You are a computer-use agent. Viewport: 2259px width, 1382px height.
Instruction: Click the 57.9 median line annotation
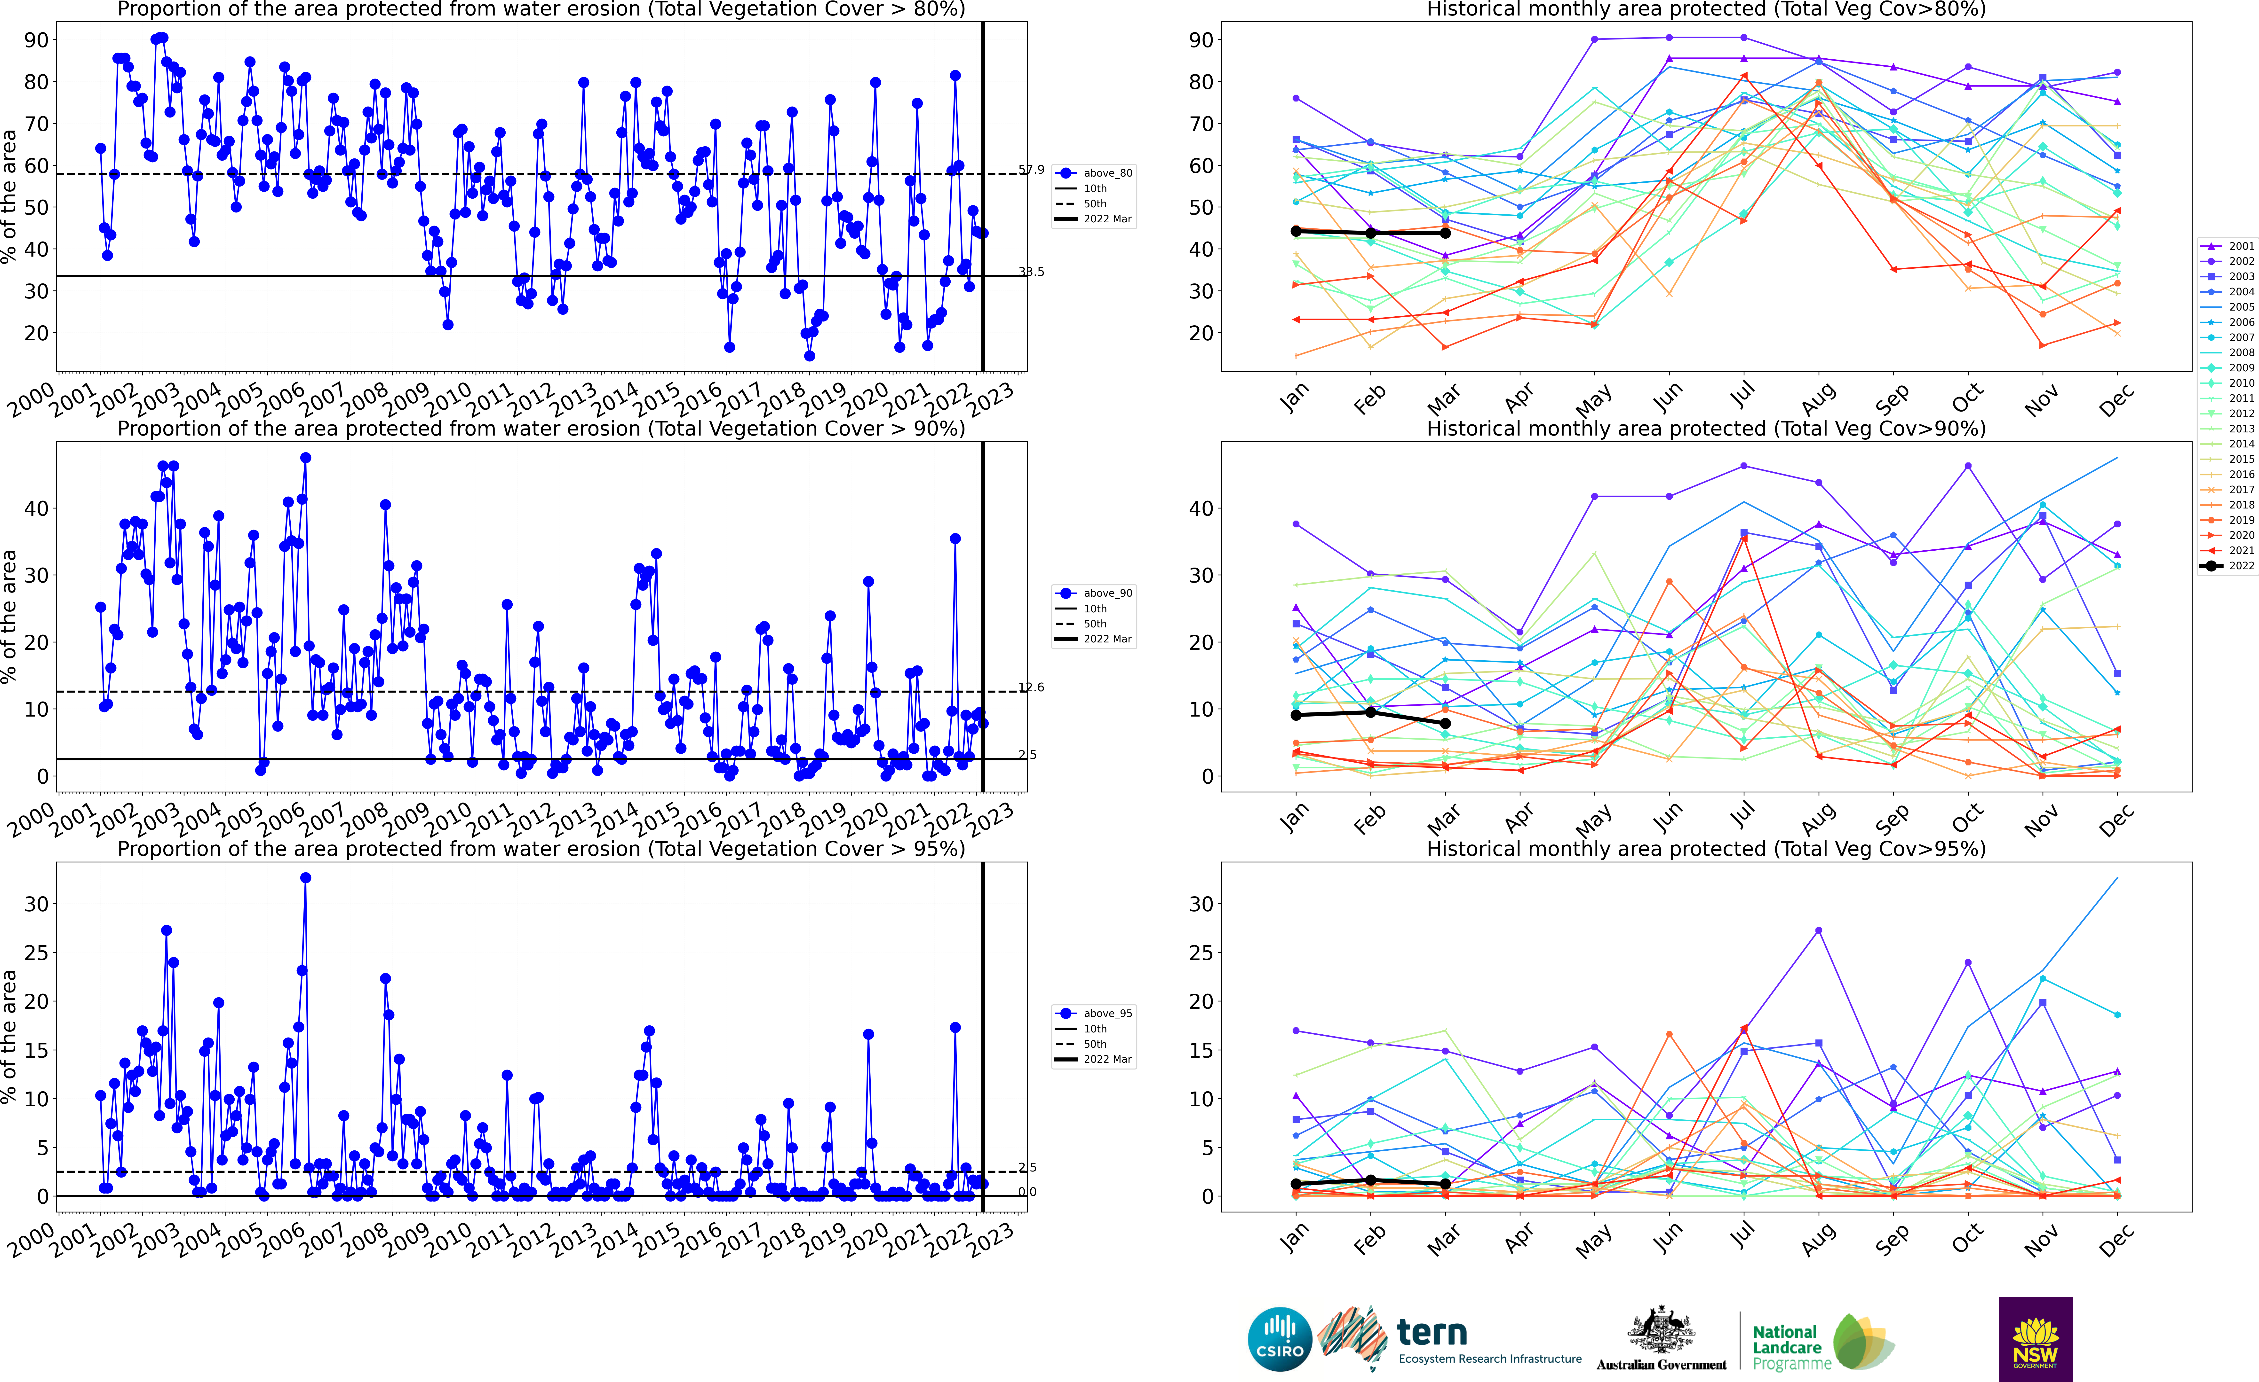pyautogui.click(x=1031, y=170)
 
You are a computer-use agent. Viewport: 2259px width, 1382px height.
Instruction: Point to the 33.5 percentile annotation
pyautogui.click(x=1031, y=272)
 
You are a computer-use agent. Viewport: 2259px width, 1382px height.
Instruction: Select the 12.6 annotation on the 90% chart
pyautogui.click(x=1031, y=687)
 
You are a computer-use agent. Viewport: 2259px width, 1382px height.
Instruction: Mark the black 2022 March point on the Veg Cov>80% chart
pyautogui.click(x=1446, y=234)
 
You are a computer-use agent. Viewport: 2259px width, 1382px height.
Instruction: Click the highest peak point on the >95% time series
pyautogui.click(x=305, y=878)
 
